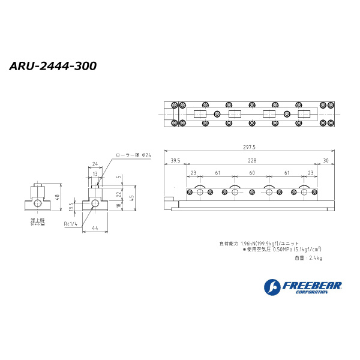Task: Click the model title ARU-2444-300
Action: (x=53, y=66)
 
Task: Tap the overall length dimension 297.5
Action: (x=249, y=147)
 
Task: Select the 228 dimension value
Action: (x=251, y=160)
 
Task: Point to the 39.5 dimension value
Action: (x=175, y=160)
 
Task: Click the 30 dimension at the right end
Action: (x=325, y=160)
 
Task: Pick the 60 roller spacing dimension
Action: (x=252, y=173)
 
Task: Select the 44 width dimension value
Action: (x=95, y=228)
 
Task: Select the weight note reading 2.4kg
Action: (x=314, y=258)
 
